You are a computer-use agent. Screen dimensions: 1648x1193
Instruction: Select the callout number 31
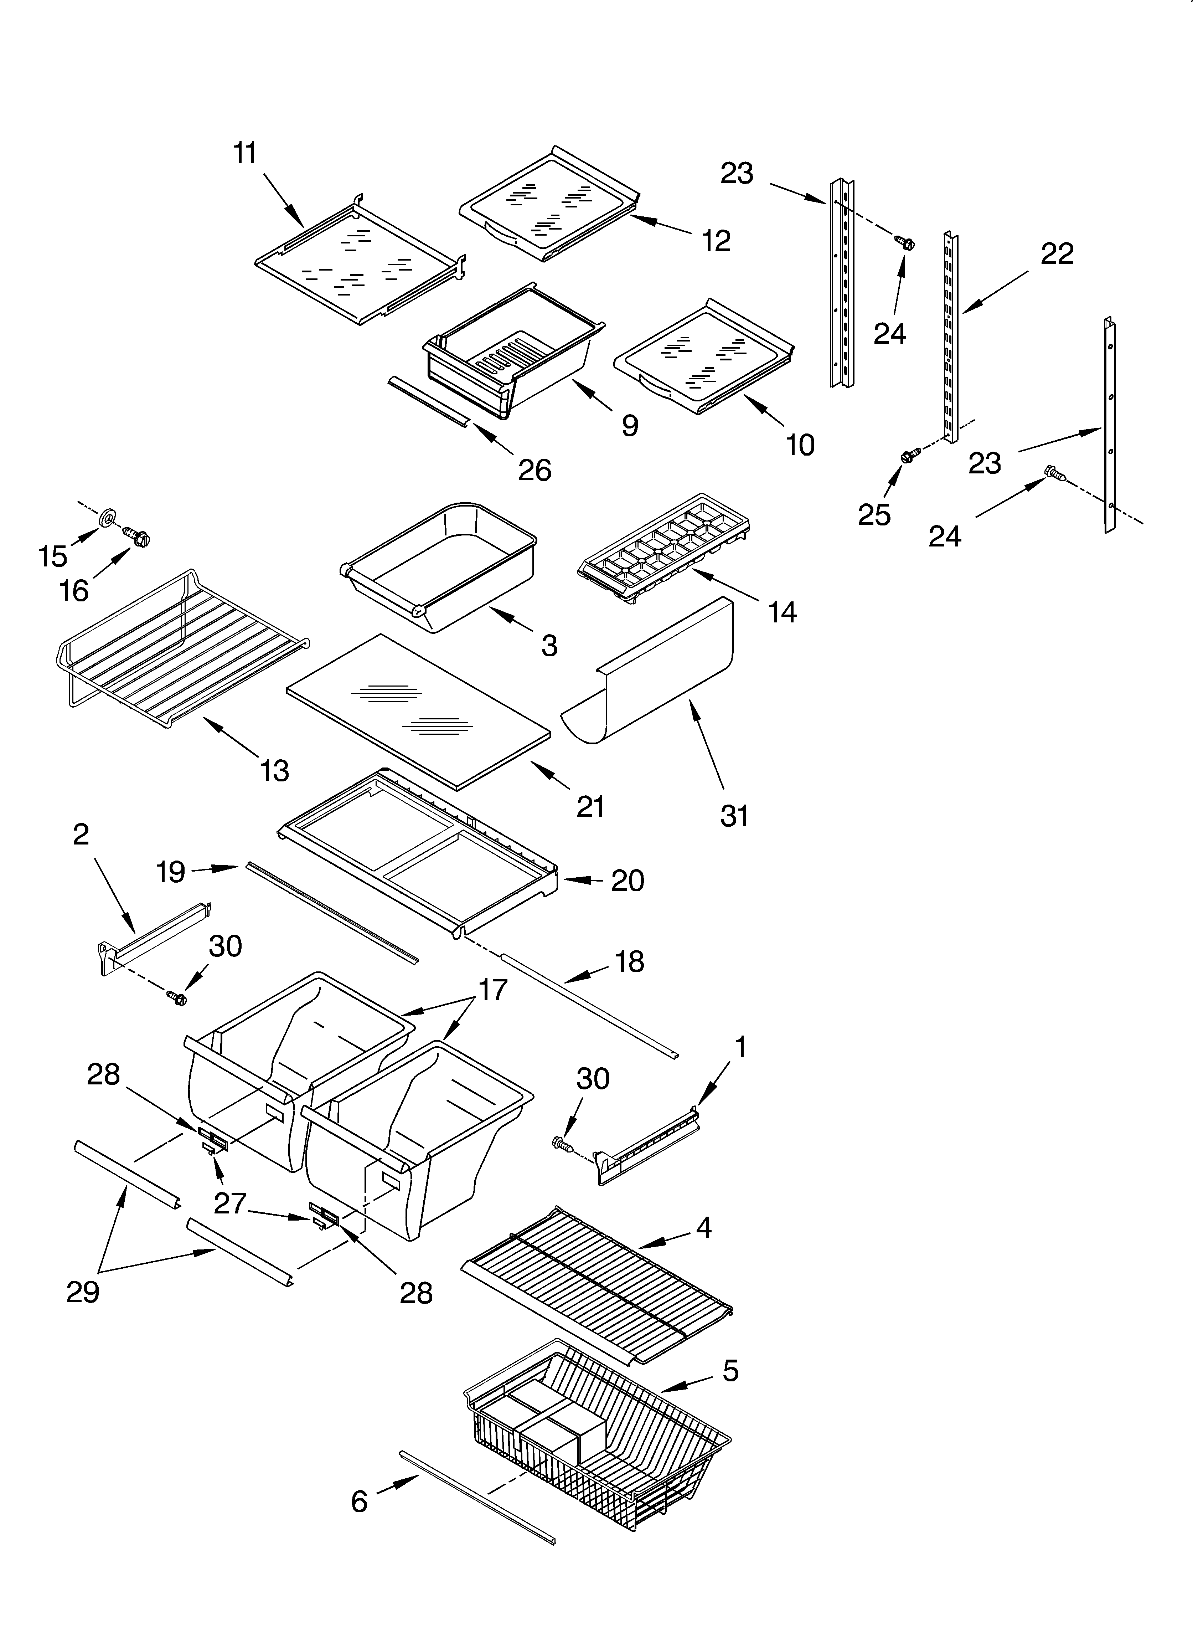(734, 816)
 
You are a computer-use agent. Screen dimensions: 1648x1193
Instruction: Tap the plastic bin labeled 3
(443, 563)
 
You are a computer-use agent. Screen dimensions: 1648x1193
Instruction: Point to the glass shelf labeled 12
(548, 204)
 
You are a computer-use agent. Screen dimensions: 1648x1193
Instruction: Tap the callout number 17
(492, 990)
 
